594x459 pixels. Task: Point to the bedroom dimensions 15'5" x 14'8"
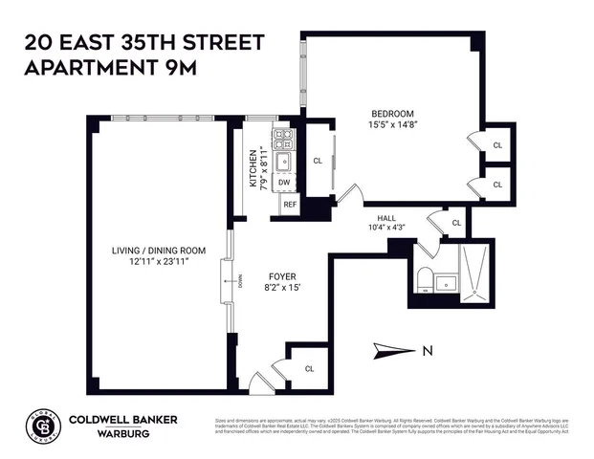[x=392, y=124]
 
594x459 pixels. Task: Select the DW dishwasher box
[x=285, y=182]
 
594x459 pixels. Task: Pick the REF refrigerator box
[x=289, y=205]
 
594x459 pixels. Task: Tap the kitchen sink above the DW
[x=285, y=161]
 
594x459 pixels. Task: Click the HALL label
[x=386, y=217]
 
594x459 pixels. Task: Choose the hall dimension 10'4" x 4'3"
[x=386, y=228]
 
